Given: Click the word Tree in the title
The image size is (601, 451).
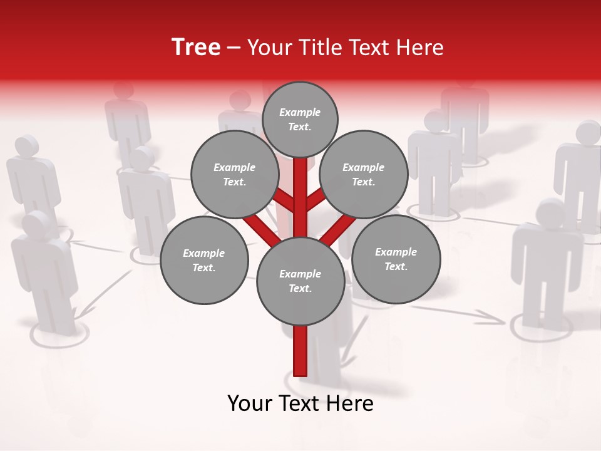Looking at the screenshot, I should pyautogui.click(x=196, y=48).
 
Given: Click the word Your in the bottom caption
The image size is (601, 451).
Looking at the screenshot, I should pyautogui.click(x=250, y=403).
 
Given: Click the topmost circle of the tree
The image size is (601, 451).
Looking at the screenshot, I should pyautogui.click(x=300, y=119).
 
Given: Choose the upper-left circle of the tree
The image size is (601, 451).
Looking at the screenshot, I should pyautogui.click(x=234, y=174).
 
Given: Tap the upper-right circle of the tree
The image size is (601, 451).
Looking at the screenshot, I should pyautogui.click(x=364, y=174).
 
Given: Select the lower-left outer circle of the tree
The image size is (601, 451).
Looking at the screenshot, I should pyautogui.click(x=204, y=260).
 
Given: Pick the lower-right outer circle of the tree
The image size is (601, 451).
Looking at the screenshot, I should pyautogui.click(x=396, y=259).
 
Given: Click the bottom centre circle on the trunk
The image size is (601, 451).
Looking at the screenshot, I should pyautogui.click(x=300, y=281).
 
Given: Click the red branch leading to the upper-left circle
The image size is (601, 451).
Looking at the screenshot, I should pyautogui.click(x=285, y=201).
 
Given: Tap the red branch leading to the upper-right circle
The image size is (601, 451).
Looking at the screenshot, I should pyautogui.click(x=315, y=200).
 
